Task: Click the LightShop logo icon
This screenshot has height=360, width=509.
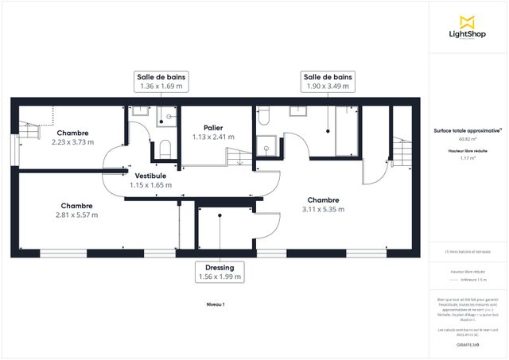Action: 467,21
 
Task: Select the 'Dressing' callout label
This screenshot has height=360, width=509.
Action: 219,268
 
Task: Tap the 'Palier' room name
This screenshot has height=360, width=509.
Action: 212,127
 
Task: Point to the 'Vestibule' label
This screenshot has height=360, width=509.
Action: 150,175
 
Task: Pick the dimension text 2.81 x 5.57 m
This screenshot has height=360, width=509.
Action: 77,215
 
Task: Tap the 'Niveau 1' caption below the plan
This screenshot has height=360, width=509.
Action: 216,304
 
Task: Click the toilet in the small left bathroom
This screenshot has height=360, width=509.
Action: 165,149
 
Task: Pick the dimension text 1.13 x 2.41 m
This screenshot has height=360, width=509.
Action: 212,137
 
